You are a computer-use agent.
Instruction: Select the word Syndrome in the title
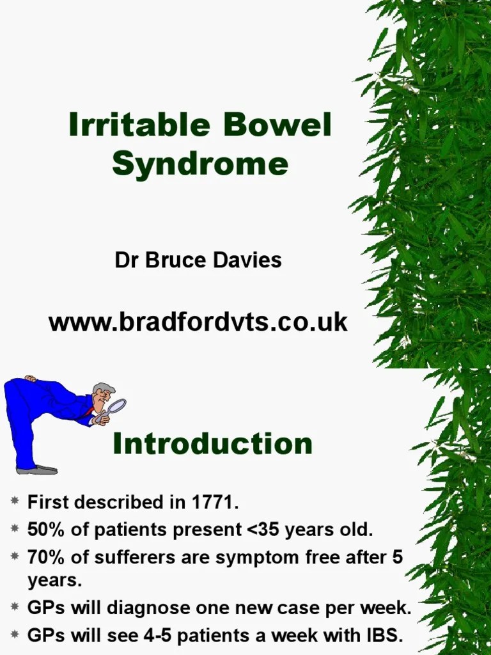click(200, 164)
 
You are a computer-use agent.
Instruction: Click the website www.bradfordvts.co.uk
click(198, 322)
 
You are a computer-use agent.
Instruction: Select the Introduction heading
click(212, 444)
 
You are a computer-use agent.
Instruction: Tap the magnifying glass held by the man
click(118, 407)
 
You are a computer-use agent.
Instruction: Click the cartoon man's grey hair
click(104, 388)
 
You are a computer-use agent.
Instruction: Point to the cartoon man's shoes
click(37, 470)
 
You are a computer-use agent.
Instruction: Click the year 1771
click(214, 503)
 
